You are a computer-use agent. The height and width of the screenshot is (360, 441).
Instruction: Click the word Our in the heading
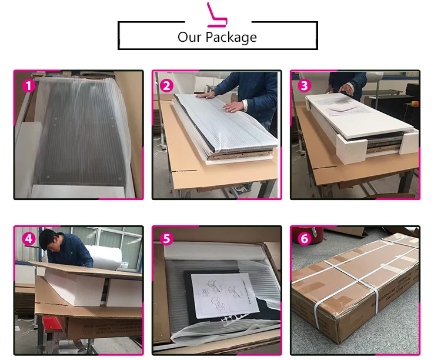[x=189, y=37]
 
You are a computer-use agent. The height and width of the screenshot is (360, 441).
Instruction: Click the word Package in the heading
[x=231, y=38]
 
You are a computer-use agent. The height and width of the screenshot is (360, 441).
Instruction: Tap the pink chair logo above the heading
[x=216, y=15]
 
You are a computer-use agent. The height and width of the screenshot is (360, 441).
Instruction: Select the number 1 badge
[x=29, y=85]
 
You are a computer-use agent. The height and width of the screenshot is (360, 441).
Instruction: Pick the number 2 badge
[x=166, y=85]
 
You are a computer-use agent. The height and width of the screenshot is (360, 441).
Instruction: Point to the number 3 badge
[x=305, y=85]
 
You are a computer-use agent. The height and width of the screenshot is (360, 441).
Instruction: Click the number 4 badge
[x=29, y=239]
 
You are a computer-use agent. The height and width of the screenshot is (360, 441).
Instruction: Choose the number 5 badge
[x=166, y=239]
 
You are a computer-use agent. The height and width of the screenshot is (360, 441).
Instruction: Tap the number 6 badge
[x=305, y=239]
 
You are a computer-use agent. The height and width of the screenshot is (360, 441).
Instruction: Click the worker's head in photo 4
[x=49, y=240]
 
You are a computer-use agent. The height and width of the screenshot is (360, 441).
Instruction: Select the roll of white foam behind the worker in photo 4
[x=105, y=256]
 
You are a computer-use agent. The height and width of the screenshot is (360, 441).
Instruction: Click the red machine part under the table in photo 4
[x=51, y=324]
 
